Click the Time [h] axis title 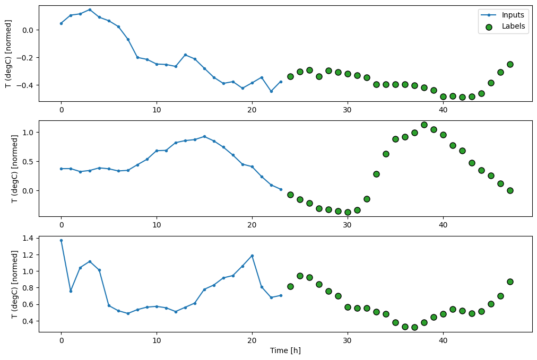tap(285, 350)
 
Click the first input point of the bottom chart tap(61, 240)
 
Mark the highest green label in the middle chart tap(424, 125)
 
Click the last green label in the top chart tap(510, 64)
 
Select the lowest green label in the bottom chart tap(414, 327)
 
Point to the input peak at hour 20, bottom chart tap(252, 256)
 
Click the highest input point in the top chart tap(90, 10)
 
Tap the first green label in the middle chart tap(290, 195)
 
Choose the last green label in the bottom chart tap(510, 282)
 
